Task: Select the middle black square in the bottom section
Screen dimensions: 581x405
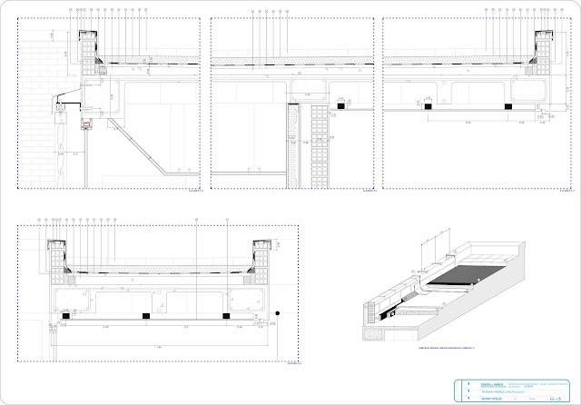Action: [x=146, y=314]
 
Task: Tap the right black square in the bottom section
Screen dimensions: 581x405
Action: [x=225, y=314]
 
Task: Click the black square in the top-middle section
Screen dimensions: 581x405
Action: [x=339, y=106]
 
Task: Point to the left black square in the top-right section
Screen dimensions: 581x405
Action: [x=424, y=106]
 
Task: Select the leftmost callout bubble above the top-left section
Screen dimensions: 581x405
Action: [x=71, y=11]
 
